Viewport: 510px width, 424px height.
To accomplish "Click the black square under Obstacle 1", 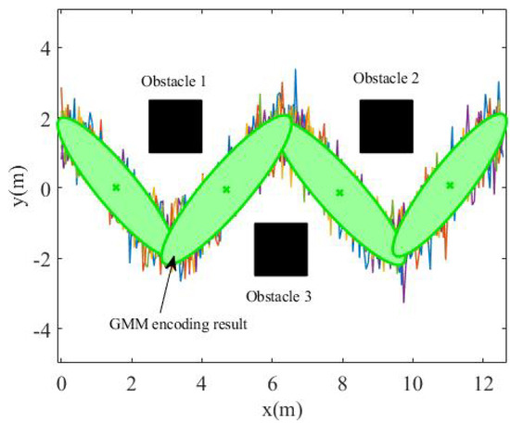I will (175, 126).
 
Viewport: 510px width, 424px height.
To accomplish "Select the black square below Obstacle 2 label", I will (387, 126).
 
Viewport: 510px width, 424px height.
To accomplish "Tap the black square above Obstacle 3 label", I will (281, 250).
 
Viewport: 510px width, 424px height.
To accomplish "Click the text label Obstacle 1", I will (173, 83).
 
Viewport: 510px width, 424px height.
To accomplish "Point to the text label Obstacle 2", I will (387, 79).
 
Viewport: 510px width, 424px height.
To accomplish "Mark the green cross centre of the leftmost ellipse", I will (116, 187).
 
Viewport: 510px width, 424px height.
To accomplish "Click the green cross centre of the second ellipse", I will (226, 189).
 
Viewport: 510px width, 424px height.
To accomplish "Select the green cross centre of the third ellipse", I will (339, 193).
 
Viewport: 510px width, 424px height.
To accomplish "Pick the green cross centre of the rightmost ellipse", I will (450, 186).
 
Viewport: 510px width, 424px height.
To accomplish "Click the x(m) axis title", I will (280, 407).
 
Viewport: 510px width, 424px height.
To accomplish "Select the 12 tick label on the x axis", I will (482, 380).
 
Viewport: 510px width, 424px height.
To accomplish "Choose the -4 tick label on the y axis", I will (38, 329).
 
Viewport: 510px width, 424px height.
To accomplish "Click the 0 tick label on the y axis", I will (42, 187).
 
